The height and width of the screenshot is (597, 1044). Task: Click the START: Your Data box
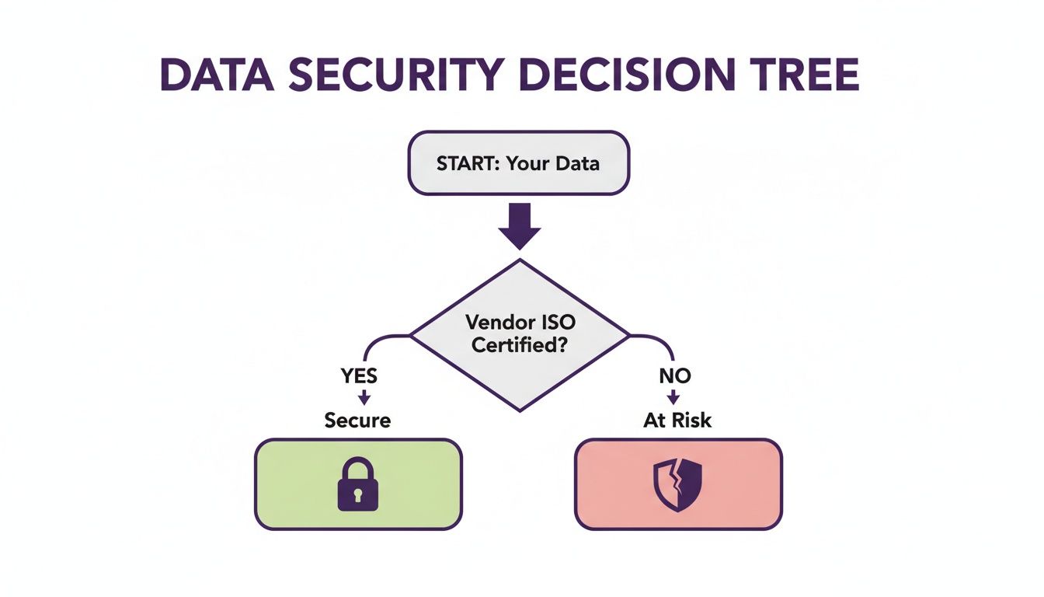(x=517, y=163)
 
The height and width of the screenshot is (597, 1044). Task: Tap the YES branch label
(x=359, y=376)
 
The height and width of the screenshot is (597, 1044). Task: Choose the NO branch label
(x=673, y=376)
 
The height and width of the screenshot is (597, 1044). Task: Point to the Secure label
(x=357, y=421)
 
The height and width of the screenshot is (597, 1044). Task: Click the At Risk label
(x=677, y=421)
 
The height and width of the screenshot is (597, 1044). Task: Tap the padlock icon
(x=357, y=485)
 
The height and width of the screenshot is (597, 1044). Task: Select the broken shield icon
(x=677, y=485)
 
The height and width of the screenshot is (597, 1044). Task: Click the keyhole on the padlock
(x=357, y=495)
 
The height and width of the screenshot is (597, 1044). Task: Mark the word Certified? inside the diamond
(x=519, y=344)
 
